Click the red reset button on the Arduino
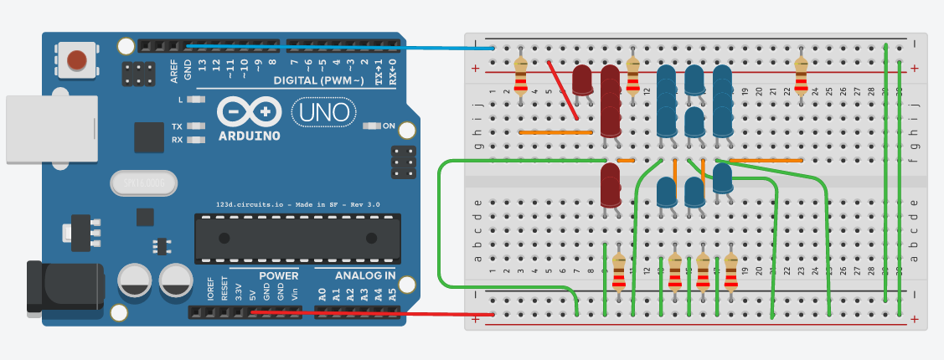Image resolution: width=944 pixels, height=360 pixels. coord(77,60)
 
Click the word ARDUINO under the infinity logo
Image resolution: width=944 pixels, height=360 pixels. coord(249,135)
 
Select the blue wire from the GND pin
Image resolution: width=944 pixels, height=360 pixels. coord(335,47)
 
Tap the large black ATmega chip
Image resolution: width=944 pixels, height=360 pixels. coord(294,238)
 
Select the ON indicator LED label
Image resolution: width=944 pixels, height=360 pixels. coord(389,126)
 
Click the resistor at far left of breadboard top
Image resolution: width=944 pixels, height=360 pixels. coord(521,75)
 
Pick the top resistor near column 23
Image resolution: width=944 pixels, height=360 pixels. coord(802,75)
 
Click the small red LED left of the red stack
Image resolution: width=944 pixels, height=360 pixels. coord(582,80)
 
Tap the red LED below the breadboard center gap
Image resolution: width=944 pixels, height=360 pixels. coord(610,183)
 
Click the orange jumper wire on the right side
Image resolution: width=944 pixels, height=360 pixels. coord(766,159)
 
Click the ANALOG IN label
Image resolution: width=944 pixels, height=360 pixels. coord(365,275)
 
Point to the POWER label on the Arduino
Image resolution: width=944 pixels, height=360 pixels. coord(278,275)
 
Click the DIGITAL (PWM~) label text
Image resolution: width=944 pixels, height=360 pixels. coord(318,80)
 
